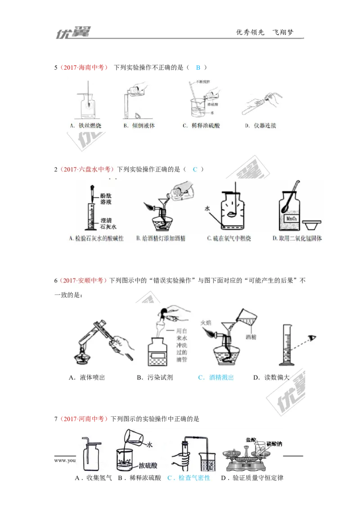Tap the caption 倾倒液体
[143, 126]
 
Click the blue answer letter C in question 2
[195, 169]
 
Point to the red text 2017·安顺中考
[83, 281]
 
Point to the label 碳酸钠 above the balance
[274, 444]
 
